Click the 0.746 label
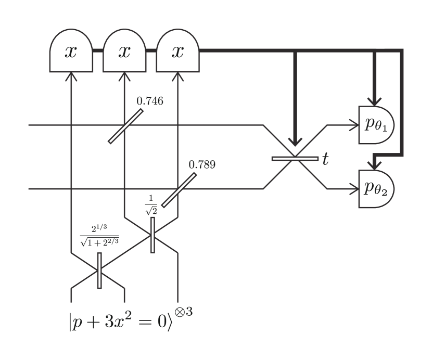(x=150, y=101)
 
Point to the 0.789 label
(x=202, y=165)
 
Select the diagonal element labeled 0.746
(x=125, y=126)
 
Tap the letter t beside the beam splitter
(x=326, y=159)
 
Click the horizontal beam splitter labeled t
(x=295, y=158)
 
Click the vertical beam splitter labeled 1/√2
(x=153, y=236)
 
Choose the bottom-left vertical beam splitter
(x=99, y=271)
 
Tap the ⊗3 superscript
(x=183, y=313)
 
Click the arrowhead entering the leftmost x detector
(x=71, y=76)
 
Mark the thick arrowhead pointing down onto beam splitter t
(x=295, y=142)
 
